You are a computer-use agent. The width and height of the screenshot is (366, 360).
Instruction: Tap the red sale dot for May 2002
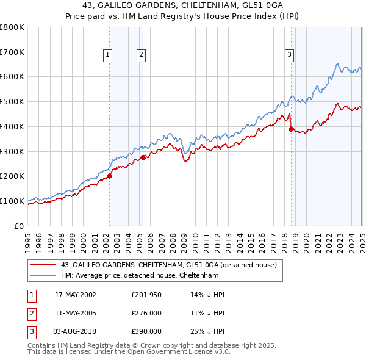(x=110, y=176)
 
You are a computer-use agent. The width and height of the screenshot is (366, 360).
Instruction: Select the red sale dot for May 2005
(x=143, y=157)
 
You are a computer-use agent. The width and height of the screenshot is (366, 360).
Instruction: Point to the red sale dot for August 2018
(x=291, y=129)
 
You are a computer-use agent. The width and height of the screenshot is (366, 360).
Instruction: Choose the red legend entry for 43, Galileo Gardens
(x=169, y=265)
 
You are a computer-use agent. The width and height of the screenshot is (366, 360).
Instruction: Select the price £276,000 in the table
(x=146, y=313)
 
